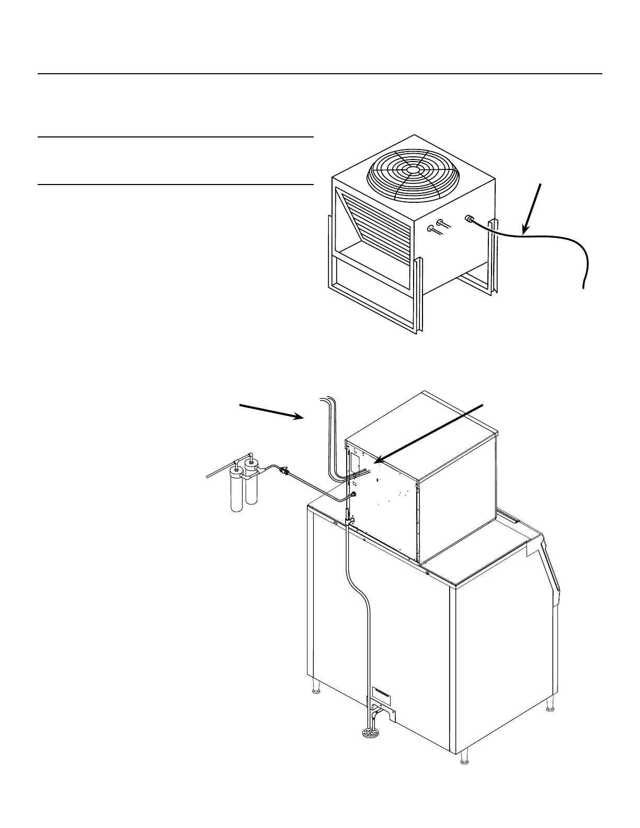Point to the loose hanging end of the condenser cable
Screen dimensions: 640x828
(x=583, y=282)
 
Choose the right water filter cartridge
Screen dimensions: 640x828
(x=252, y=486)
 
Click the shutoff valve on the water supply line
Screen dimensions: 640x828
(x=285, y=471)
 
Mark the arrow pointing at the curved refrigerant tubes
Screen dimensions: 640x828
(x=272, y=410)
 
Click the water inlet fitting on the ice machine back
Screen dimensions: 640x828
(x=354, y=493)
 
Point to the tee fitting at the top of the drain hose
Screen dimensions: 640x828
(x=349, y=522)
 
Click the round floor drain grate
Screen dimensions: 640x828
(x=372, y=733)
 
